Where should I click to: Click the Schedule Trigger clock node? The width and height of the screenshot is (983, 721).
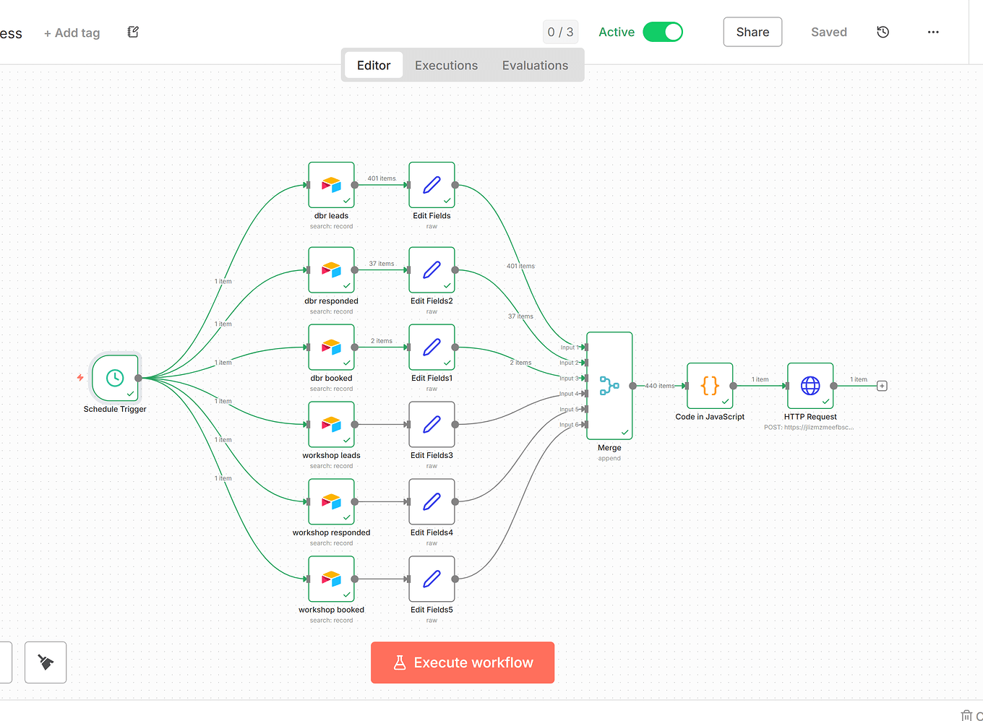pyautogui.click(x=115, y=378)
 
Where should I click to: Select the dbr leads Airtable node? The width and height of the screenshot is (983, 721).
pyautogui.click(x=331, y=185)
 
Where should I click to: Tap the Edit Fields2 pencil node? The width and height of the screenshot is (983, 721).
pyautogui.click(x=432, y=270)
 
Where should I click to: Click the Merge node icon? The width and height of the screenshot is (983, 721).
pyautogui.click(x=609, y=386)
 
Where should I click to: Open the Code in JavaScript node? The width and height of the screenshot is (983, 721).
pyautogui.click(x=710, y=386)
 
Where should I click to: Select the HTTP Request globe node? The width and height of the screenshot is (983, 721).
pyautogui.click(x=810, y=386)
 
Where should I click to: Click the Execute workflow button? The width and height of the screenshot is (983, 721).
pyautogui.click(x=463, y=662)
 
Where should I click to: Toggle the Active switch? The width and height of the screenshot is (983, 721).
pyautogui.click(x=663, y=32)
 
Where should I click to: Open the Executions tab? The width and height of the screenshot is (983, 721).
pyautogui.click(x=446, y=65)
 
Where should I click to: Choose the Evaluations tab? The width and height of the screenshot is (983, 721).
pyautogui.click(x=535, y=65)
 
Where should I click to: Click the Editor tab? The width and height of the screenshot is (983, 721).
pyautogui.click(x=374, y=65)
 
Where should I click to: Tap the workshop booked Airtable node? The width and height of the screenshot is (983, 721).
pyautogui.click(x=331, y=579)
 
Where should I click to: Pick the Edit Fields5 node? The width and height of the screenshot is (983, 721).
pyautogui.click(x=432, y=579)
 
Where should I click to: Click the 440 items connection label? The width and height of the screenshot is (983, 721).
pyautogui.click(x=659, y=386)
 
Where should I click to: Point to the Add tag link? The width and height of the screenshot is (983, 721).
pyautogui.click(x=72, y=33)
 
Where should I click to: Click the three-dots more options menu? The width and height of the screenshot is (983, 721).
pyautogui.click(x=933, y=32)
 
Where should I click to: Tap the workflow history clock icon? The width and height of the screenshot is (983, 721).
pyautogui.click(x=883, y=32)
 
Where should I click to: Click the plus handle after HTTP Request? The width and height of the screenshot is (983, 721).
pyautogui.click(x=882, y=386)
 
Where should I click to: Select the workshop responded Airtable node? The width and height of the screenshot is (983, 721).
pyautogui.click(x=331, y=501)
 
